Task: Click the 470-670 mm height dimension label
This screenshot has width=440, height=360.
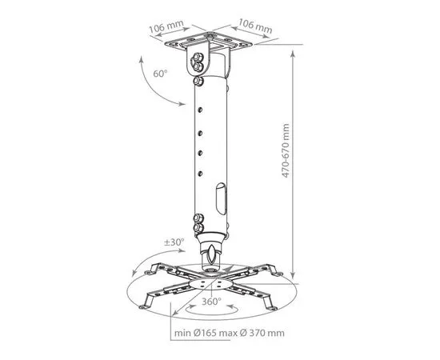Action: (x=286, y=150)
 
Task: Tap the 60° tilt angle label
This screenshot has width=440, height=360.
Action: (x=160, y=74)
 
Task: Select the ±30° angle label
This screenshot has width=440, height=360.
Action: (x=174, y=242)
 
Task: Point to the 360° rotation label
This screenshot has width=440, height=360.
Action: (x=211, y=302)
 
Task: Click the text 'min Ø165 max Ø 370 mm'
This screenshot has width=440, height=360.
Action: (x=230, y=333)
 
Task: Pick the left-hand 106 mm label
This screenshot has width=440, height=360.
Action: (x=166, y=26)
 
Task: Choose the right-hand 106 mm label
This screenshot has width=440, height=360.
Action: (x=255, y=26)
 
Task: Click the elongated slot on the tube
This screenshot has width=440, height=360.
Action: (x=221, y=198)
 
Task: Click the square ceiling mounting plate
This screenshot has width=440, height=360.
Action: (x=209, y=42)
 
